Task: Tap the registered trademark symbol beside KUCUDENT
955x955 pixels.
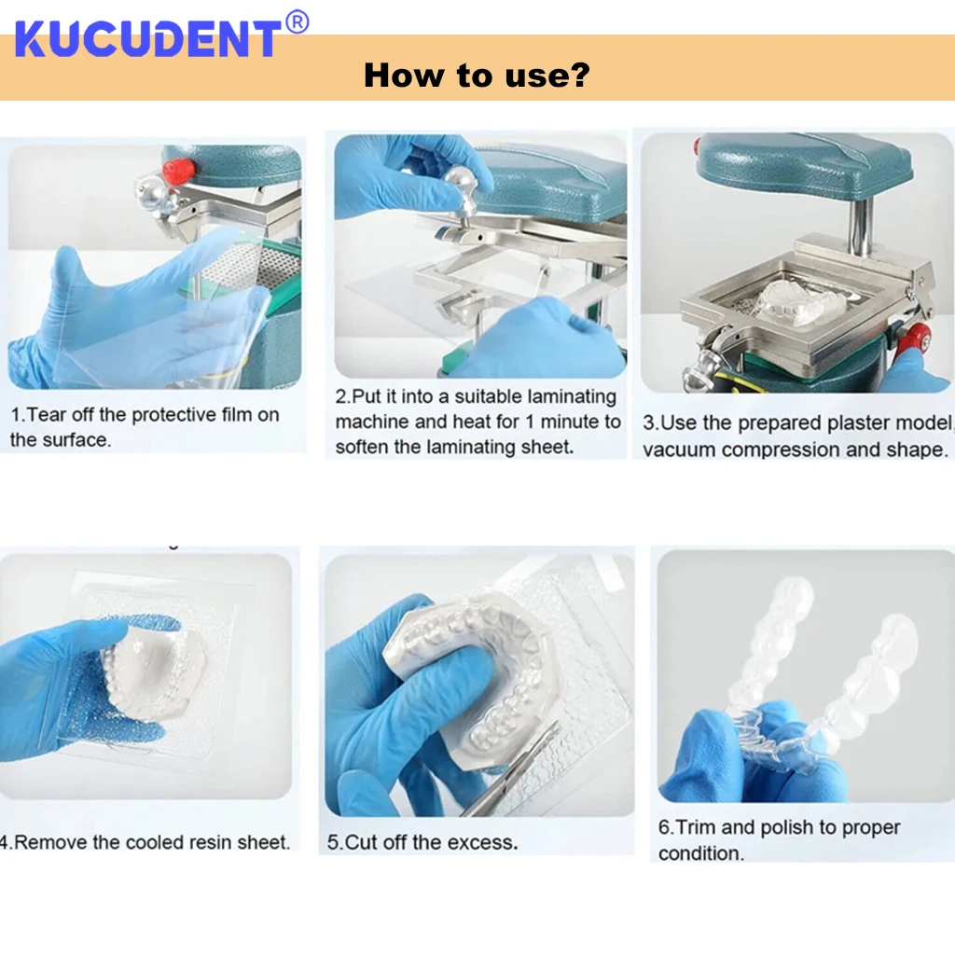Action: coord(297,22)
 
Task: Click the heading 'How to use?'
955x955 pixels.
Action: coord(477,76)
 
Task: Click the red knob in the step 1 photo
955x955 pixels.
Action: coord(178,170)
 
